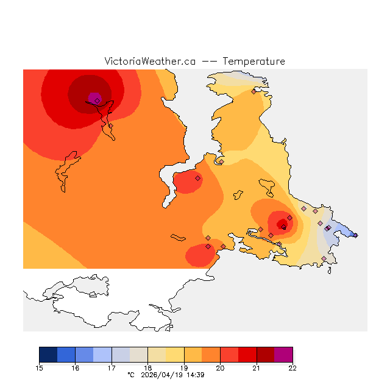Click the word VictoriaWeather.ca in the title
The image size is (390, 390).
coord(150,62)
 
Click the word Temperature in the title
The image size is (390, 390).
coord(253,62)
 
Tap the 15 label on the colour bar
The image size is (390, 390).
coord(40,368)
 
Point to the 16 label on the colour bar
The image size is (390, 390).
coord(76,368)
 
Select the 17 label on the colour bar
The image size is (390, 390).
coord(112,368)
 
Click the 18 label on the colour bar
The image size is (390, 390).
coord(148,368)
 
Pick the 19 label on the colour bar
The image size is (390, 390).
coord(184,368)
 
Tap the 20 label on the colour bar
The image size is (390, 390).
coord(220,368)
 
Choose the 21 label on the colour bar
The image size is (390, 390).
coord(257,368)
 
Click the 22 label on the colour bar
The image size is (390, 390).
coord(292,368)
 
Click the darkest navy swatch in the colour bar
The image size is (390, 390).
coord(48,355)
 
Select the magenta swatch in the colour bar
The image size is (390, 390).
coord(283,355)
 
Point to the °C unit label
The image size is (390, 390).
coord(130,375)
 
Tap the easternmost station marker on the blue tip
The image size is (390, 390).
coord(356,235)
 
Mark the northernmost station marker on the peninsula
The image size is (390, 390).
coord(253,91)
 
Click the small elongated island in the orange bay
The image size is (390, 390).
coord(178,237)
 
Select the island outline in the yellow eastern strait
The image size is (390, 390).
coord(267,185)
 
